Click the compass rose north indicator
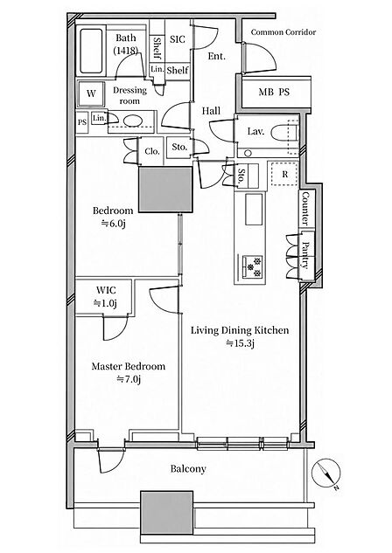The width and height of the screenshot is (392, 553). pyautogui.click(x=326, y=474)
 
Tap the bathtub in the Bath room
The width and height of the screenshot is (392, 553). pyautogui.click(x=91, y=52)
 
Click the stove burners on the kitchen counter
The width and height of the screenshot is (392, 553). pyautogui.click(x=253, y=266)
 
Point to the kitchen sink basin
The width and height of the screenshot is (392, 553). pyautogui.click(x=255, y=209)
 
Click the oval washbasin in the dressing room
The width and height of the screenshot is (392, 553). pyautogui.click(x=132, y=121)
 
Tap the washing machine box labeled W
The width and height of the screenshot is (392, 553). pyautogui.click(x=91, y=93)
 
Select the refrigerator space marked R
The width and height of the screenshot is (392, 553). pyautogui.click(x=284, y=174)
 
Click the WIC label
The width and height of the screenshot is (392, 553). pyautogui.click(x=106, y=290)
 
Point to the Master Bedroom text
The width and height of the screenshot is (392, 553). pyautogui.click(x=129, y=366)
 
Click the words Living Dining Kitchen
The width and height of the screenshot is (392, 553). pyautogui.click(x=240, y=330)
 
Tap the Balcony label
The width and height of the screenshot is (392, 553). pyautogui.click(x=188, y=469)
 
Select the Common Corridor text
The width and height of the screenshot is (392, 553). pyautogui.click(x=283, y=32)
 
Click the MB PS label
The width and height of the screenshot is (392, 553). pyautogui.click(x=274, y=92)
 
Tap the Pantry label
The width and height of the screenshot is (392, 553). pyautogui.click(x=306, y=255)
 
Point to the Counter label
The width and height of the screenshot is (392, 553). pyautogui.click(x=305, y=209)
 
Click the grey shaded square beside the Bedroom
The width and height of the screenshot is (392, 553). pyautogui.click(x=165, y=190)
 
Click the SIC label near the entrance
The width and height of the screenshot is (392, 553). pyautogui.click(x=178, y=39)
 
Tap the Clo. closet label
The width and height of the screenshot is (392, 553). pyautogui.click(x=152, y=151)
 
